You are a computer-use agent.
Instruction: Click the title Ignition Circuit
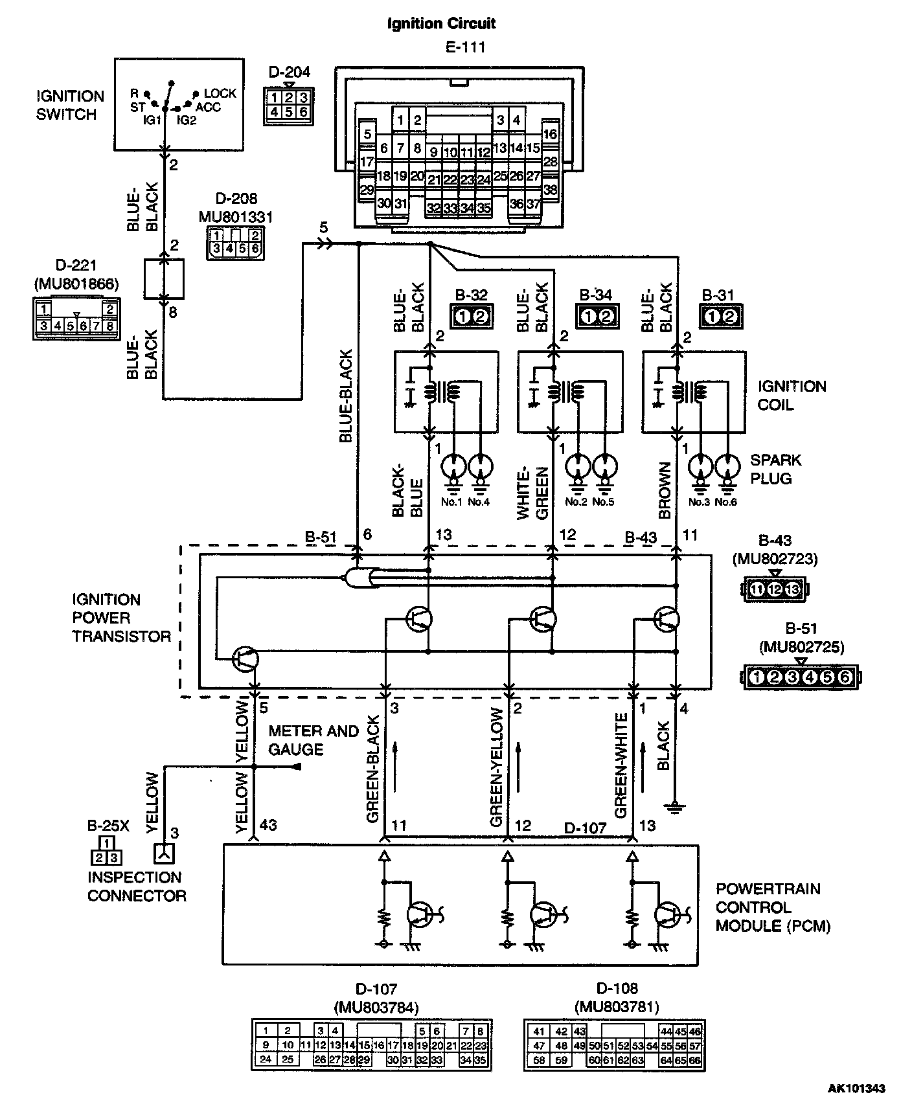point(441,24)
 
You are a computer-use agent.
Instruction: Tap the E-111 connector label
point(461,47)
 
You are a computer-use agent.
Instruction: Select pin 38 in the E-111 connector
point(550,190)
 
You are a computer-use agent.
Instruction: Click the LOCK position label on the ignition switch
point(220,93)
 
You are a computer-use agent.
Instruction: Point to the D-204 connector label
point(289,72)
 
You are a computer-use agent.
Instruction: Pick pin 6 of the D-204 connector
point(303,111)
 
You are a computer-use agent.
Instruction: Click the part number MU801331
point(236,217)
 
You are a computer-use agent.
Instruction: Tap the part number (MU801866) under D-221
point(77,284)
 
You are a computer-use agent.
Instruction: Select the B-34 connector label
point(595,295)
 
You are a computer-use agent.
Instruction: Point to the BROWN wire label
point(665,490)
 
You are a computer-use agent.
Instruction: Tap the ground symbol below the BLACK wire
point(676,807)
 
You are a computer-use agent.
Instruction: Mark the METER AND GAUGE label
point(313,740)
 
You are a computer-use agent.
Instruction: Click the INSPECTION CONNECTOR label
point(137,886)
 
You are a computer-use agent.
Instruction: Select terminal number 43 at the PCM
point(268,825)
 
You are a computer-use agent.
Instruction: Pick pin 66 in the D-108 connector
point(695,1060)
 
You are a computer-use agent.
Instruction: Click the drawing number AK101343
point(856,1089)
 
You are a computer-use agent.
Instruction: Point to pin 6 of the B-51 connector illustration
point(844,677)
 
